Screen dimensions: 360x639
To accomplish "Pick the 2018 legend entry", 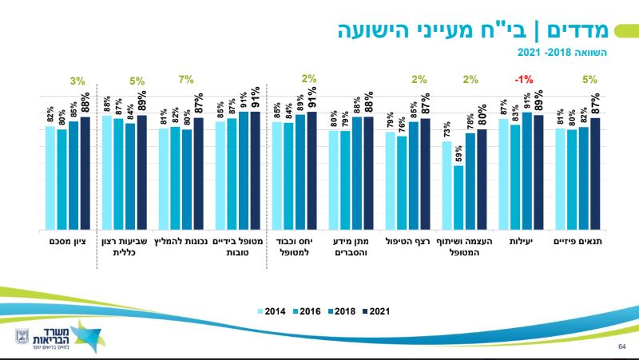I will tap(343, 311).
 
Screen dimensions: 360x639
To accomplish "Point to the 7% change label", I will tap(186, 79).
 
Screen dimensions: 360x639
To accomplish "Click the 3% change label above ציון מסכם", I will tap(77, 80).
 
